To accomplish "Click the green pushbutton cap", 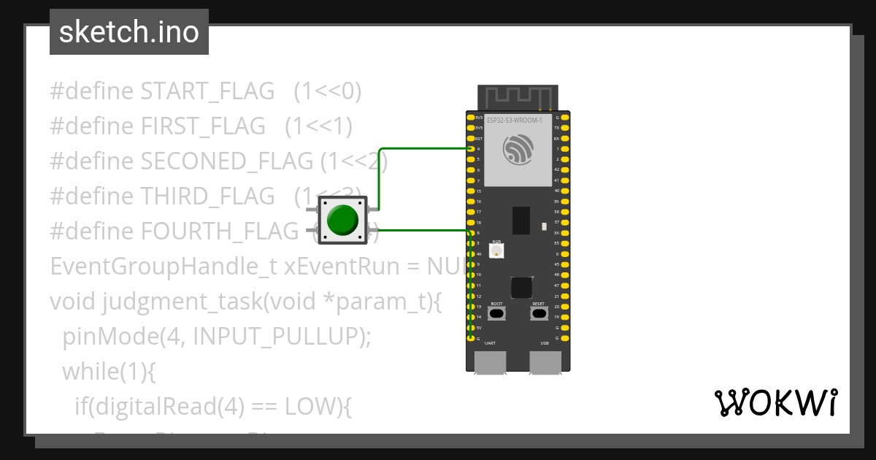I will pyautogui.click(x=342, y=220).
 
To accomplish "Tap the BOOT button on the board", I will pyautogui.click(x=496, y=314).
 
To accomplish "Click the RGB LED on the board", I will pyautogui.click(x=496, y=251).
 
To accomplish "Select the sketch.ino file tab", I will pyautogui.click(x=129, y=32).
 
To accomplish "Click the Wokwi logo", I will pyautogui.click(x=775, y=403).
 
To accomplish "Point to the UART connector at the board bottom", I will pyautogui.click(x=490, y=361).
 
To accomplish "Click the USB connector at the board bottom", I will pyautogui.click(x=545, y=361).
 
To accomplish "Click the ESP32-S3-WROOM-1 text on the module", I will pyautogui.click(x=514, y=120).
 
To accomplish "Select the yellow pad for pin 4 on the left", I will pyautogui.click(x=471, y=148).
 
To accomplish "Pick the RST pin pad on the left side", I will pyautogui.click(x=471, y=138).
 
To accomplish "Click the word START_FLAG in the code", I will pyautogui.click(x=207, y=91).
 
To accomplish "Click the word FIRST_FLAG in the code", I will pyautogui.click(x=203, y=126).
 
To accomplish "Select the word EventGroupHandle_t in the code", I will pyautogui.click(x=162, y=267).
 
